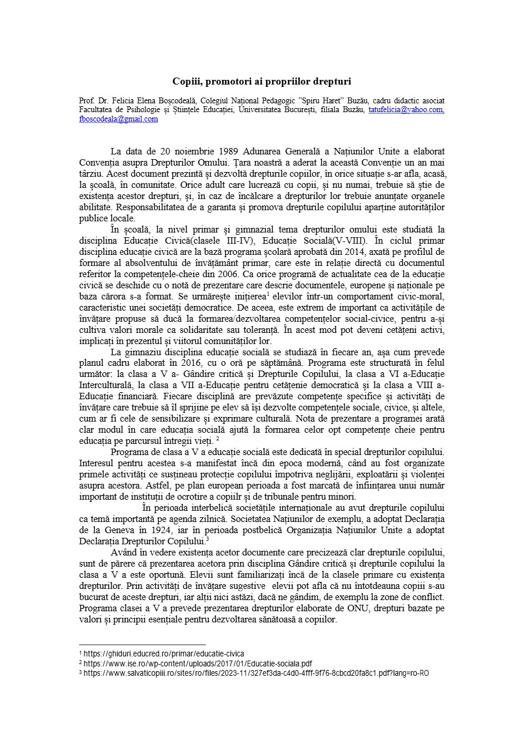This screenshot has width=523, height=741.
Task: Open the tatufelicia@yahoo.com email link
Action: (406, 110)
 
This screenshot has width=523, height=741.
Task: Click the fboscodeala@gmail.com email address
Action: (118, 119)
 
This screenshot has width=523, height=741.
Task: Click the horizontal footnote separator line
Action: (142, 644)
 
